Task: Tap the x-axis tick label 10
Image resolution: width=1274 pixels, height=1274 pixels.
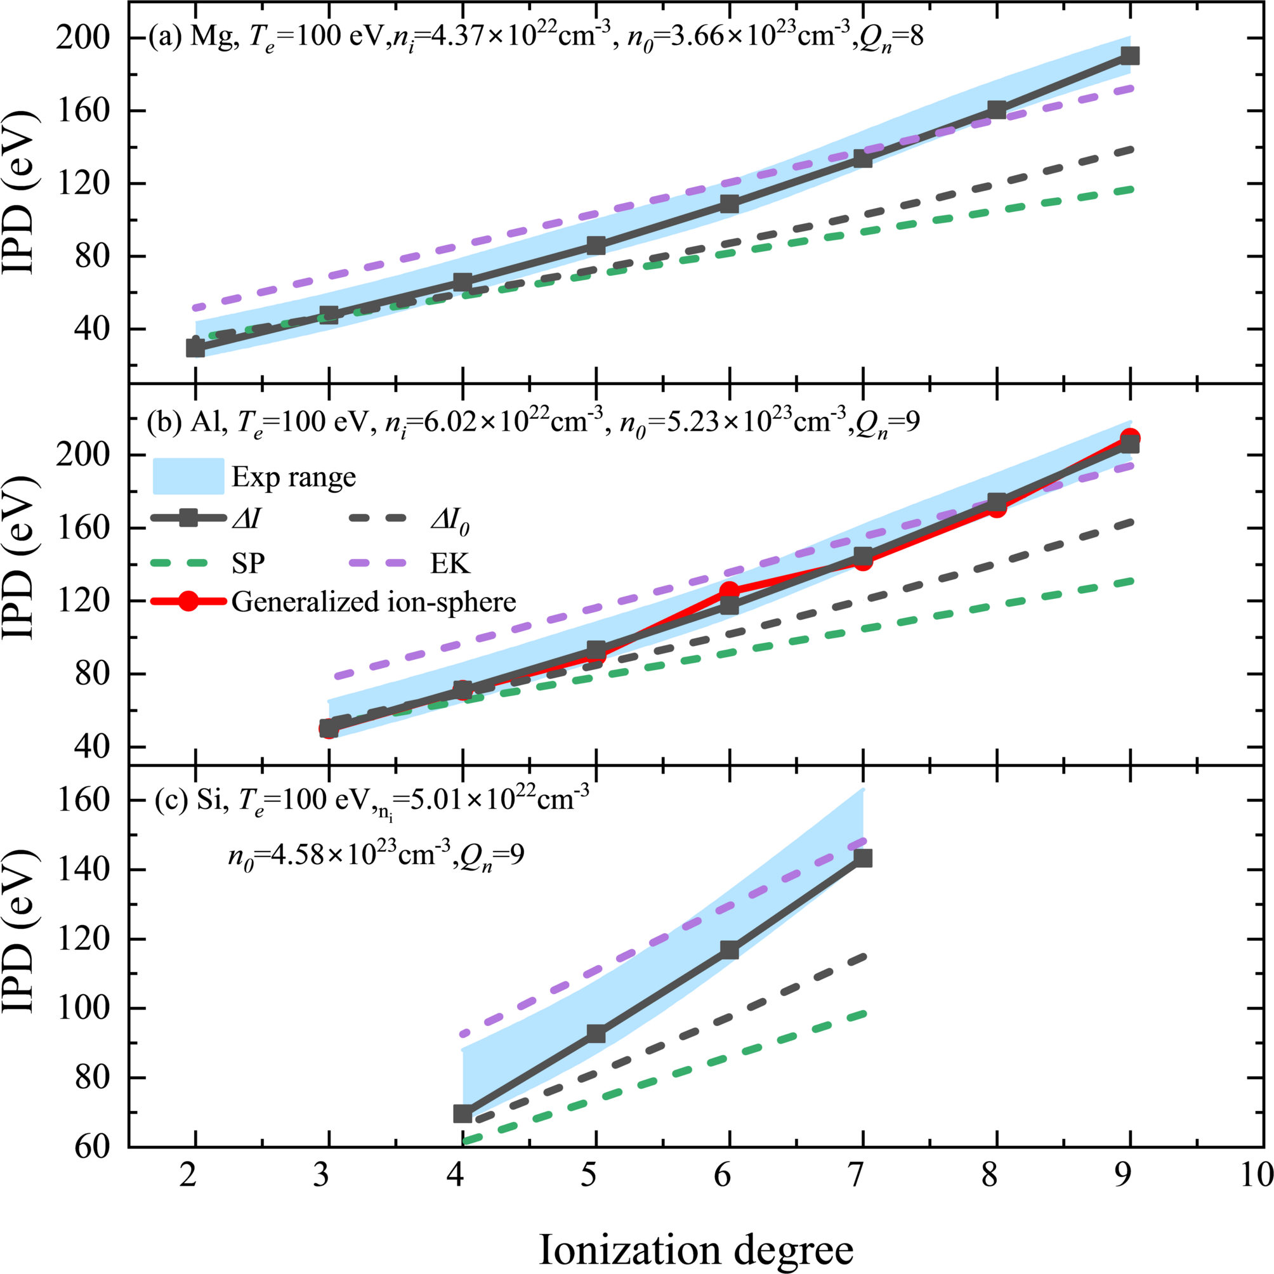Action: tap(1256, 1174)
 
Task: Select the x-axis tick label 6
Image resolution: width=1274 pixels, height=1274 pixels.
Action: tap(723, 1174)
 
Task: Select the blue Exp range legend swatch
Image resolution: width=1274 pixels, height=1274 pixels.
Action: tap(188, 476)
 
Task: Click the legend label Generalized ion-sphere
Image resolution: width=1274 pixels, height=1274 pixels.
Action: tap(373, 601)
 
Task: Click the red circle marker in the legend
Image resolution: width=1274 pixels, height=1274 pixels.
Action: tap(188, 601)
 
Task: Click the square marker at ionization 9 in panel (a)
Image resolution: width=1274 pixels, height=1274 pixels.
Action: tap(1129, 55)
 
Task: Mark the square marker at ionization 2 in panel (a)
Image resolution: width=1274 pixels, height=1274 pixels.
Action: tap(195, 348)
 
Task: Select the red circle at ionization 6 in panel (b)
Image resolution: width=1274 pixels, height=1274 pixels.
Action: tap(730, 590)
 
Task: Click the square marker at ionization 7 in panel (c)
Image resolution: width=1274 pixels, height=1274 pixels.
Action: tap(862, 858)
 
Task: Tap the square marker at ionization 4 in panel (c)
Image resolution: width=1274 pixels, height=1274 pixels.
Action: tap(463, 1113)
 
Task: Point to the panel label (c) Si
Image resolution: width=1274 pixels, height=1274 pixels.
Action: tap(191, 799)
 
